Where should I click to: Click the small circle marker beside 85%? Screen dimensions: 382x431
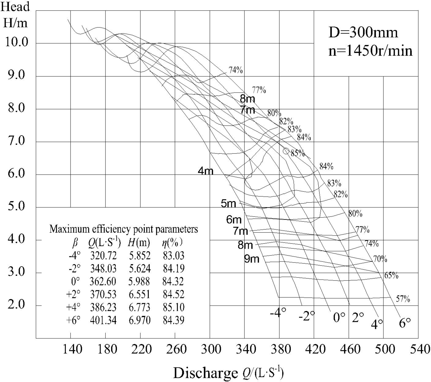(286, 151)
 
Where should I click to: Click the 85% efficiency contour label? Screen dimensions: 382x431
(298, 153)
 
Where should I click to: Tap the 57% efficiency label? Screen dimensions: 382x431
(403, 299)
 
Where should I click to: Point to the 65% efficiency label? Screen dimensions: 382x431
(391, 275)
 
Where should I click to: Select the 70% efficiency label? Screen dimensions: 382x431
(380, 259)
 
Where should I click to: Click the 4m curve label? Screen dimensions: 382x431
(205, 171)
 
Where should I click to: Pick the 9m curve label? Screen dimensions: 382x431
(252, 259)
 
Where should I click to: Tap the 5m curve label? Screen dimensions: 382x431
(228, 203)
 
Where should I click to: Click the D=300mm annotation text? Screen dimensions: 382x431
(363, 33)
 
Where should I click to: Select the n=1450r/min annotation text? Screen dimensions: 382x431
(370, 51)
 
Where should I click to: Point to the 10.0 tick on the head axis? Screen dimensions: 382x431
(17, 42)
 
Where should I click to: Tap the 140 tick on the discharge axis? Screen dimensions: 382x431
(72, 349)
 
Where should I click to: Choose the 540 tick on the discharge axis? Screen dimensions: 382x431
(420, 349)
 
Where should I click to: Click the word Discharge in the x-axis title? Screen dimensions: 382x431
(204, 373)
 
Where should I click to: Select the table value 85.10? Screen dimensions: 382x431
(174, 307)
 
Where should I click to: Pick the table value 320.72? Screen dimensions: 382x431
(103, 256)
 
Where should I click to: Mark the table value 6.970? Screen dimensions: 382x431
(140, 320)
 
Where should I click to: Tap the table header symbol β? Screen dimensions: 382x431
(75, 243)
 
